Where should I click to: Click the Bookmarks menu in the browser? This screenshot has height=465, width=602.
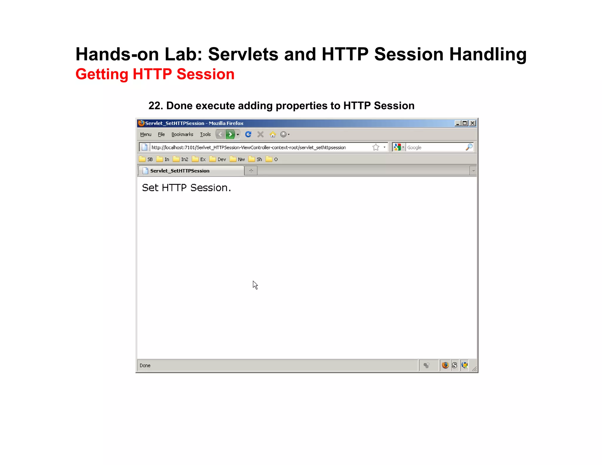point(182,134)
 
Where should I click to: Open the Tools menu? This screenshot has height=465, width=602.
point(205,134)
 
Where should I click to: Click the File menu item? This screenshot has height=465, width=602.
point(161,134)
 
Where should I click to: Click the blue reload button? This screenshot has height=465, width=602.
point(248,134)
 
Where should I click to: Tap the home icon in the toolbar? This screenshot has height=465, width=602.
point(273,134)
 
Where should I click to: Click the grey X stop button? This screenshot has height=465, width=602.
point(260,134)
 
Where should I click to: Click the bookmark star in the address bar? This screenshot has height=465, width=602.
point(376,147)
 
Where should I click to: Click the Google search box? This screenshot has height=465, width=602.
point(435,147)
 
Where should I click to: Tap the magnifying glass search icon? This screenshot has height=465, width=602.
point(469,147)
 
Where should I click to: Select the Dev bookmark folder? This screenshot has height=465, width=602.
point(218,159)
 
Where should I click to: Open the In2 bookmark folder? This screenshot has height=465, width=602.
point(181,159)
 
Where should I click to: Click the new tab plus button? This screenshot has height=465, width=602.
point(251,171)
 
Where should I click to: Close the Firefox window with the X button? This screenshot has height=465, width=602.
point(472,123)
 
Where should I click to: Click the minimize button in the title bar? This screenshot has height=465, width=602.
point(457,123)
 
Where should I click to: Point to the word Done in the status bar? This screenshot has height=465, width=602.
point(145,365)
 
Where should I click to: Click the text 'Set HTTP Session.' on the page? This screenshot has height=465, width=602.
point(186,188)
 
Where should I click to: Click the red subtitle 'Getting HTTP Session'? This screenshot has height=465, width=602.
point(155,74)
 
